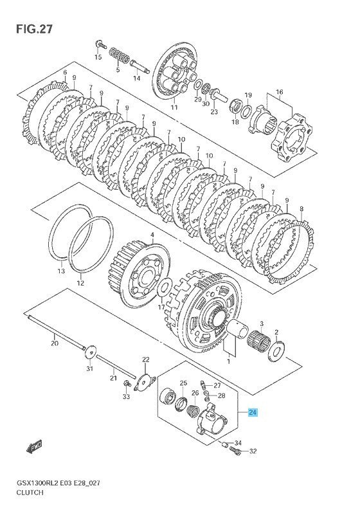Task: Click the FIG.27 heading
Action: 34,29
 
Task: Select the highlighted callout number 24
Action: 253,412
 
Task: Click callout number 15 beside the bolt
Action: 98,57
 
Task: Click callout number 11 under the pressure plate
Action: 174,107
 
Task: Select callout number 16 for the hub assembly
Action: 280,92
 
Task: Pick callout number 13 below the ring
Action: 61,271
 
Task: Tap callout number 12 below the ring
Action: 80,283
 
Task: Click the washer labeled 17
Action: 165,287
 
